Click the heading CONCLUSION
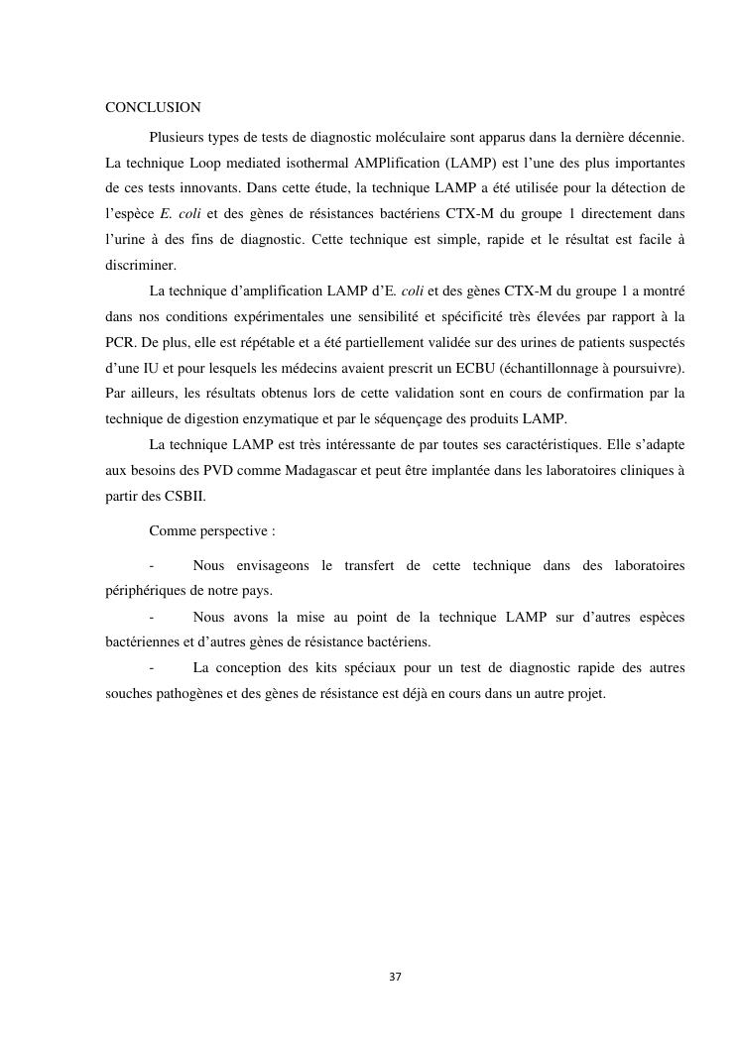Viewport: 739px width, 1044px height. click(153, 107)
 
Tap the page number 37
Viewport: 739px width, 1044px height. click(395, 977)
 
